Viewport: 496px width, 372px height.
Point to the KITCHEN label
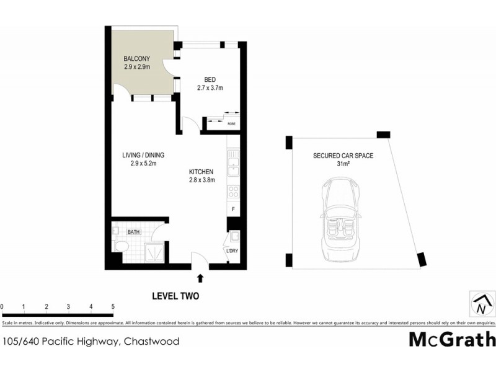click(x=201, y=172)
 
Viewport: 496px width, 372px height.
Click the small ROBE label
click(x=231, y=124)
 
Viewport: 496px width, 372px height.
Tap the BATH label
click(x=134, y=232)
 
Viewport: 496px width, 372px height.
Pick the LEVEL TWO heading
click(x=175, y=296)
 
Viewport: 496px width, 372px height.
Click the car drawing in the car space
click(x=339, y=221)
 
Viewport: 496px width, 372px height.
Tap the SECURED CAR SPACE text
click(x=343, y=156)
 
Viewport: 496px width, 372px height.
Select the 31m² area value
click(x=343, y=164)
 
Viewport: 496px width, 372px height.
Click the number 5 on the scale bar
click(x=113, y=306)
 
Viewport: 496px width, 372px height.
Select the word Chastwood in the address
click(x=152, y=342)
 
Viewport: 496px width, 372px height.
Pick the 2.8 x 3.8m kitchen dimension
click(x=201, y=180)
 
